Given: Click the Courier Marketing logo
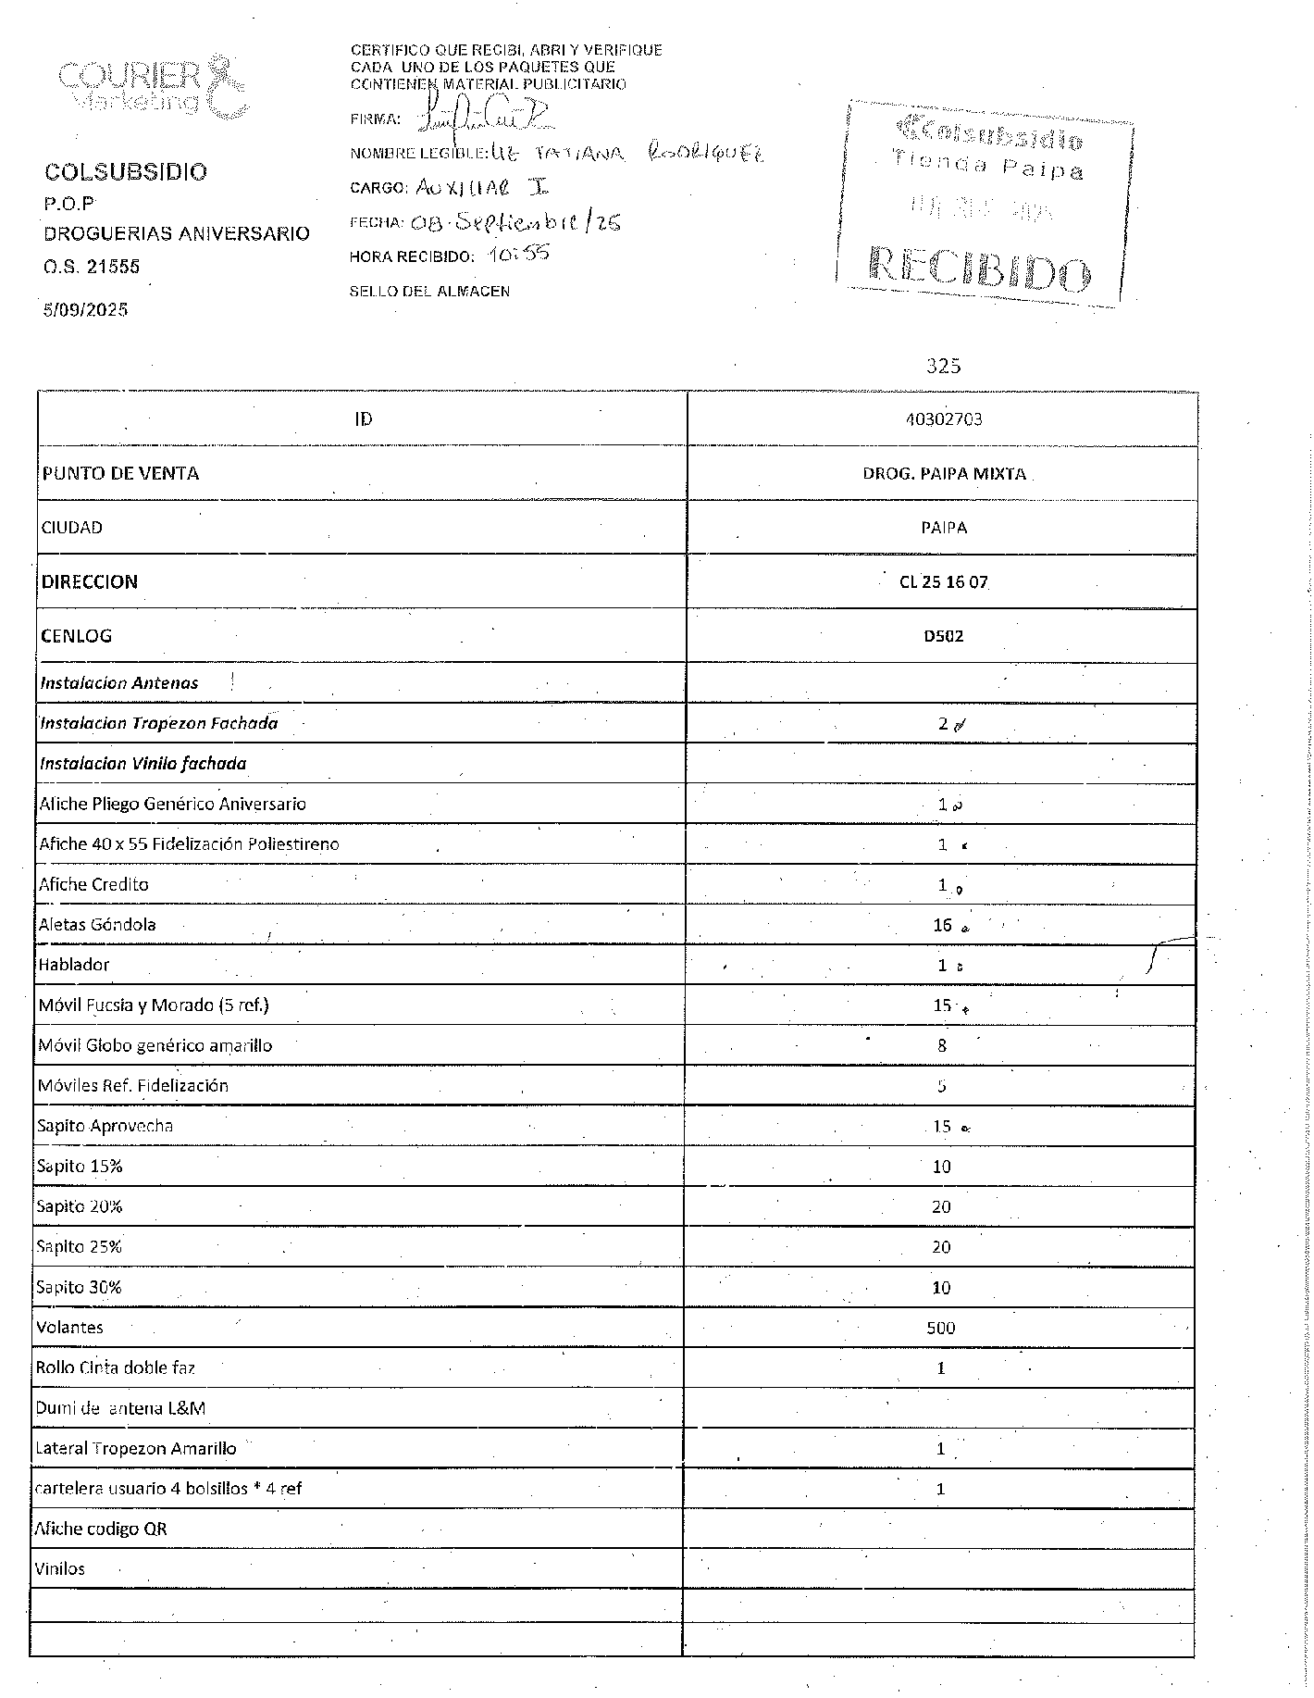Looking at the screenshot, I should tap(154, 87).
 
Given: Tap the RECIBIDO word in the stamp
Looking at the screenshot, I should tap(979, 268).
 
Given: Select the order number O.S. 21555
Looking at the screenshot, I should tap(92, 267).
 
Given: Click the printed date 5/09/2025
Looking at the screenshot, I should tap(85, 309).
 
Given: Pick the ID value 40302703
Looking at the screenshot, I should tap(943, 419).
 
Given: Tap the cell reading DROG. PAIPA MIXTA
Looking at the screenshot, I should tap(943, 473).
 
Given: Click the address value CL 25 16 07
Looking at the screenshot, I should tap(943, 582).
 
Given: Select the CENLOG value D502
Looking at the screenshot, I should tap(943, 636).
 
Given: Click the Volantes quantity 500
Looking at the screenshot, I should tap(940, 1328).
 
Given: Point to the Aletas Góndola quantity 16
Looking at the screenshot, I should tap(942, 925).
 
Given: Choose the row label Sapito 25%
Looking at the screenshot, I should tap(79, 1247).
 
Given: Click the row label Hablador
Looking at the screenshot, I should tap(74, 965).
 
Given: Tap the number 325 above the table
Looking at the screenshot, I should tap(943, 366).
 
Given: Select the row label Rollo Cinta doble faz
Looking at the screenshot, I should tap(115, 1367).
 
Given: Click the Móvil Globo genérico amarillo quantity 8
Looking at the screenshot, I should tap(942, 1045).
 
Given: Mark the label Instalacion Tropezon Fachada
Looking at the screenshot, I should tap(158, 723).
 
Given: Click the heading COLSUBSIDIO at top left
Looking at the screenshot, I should tap(126, 171).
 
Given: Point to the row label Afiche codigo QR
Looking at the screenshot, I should tap(101, 1529).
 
